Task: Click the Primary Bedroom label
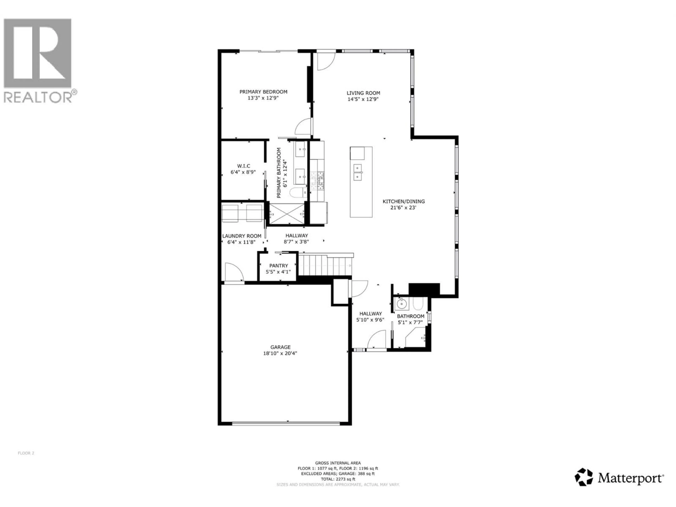263,92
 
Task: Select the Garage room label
280,347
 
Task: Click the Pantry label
278,266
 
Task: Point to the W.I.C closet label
244,166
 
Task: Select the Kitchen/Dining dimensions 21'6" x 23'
403,208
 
